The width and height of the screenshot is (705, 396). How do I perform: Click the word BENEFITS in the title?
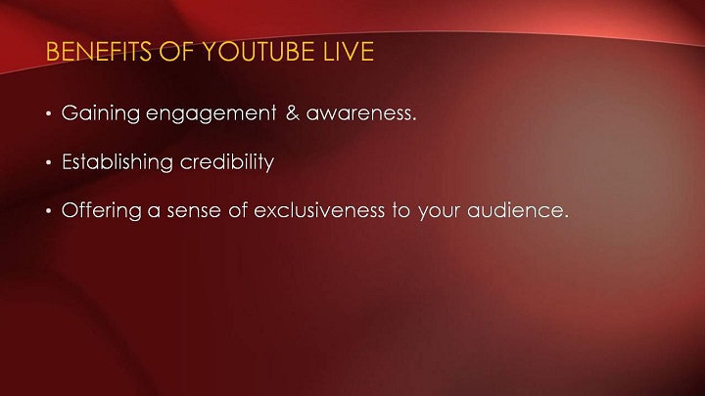(x=99, y=51)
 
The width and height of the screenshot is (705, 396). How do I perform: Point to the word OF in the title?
(x=176, y=51)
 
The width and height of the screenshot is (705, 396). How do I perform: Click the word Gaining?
(x=101, y=113)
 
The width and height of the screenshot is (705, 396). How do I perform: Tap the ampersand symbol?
(x=293, y=112)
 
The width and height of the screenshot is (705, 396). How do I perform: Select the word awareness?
(x=361, y=113)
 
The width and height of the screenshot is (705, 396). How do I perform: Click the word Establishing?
(x=117, y=162)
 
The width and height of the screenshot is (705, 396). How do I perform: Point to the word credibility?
(x=227, y=162)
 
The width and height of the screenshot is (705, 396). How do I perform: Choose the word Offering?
(x=102, y=210)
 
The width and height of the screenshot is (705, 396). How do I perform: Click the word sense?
(x=194, y=211)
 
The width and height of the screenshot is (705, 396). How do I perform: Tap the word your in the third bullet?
(x=440, y=212)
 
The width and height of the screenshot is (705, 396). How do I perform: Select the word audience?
(x=518, y=210)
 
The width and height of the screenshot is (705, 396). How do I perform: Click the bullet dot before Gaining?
(x=49, y=113)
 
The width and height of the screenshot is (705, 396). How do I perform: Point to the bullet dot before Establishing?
(x=49, y=162)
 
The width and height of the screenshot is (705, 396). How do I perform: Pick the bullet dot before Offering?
(x=49, y=211)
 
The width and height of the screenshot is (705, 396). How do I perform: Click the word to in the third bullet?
(x=401, y=210)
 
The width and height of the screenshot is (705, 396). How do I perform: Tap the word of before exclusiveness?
(x=238, y=210)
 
